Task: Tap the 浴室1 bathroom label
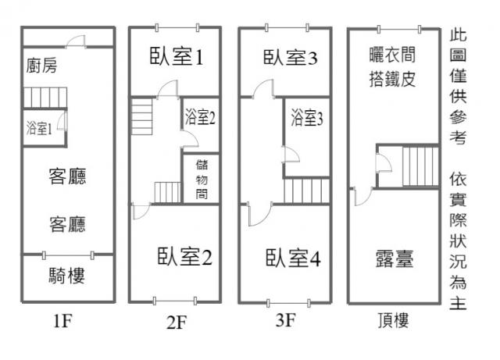[x=39, y=128]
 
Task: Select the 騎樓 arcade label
[x=66, y=276]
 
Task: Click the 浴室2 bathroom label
[x=200, y=118]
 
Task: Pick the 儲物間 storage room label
[x=201, y=179]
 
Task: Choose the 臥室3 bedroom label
[x=289, y=57]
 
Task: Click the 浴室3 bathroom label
[x=307, y=119]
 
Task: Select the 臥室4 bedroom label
[x=293, y=258]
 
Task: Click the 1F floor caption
[x=66, y=319]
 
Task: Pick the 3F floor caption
[x=285, y=319]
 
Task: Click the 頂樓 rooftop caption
[x=391, y=320]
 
